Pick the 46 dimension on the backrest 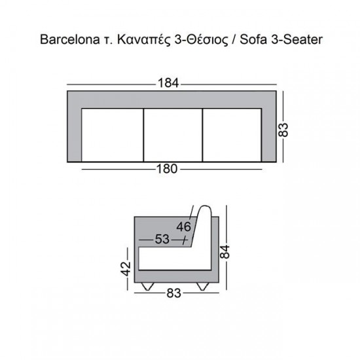(x=183, y=227)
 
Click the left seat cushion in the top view (x=112, y=134)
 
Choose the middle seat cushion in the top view (x=173, y=134)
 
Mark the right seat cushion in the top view (x=233, y=134)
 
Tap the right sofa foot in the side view (x=200, y=287)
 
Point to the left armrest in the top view (x=74, y=134)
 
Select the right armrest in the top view (x=270, y=134)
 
